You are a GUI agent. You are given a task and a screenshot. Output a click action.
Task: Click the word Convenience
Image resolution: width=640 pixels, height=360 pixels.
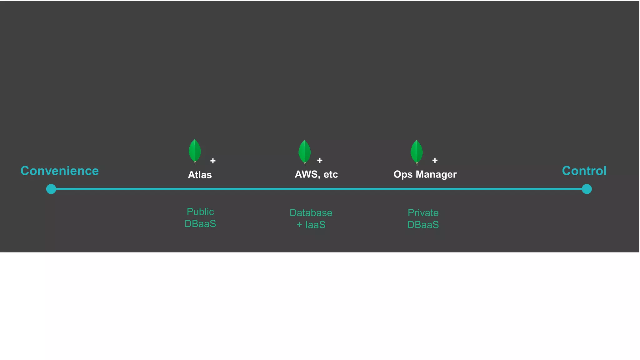point(59,171)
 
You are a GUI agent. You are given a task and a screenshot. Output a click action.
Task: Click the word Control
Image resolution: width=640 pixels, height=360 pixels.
point(584,171)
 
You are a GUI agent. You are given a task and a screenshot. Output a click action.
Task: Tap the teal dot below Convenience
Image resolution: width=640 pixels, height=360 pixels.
point(51,189)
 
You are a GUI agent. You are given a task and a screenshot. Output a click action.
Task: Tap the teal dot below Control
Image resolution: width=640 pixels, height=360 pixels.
point(587,189)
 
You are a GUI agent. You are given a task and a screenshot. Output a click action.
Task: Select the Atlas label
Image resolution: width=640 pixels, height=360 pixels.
point(200,175)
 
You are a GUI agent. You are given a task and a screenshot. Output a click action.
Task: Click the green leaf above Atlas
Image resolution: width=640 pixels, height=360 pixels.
point(195,151)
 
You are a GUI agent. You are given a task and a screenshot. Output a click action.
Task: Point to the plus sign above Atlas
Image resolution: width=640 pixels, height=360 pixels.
point(213,161)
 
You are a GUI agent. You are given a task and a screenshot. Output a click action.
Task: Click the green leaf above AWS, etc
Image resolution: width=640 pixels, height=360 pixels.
point(304,152)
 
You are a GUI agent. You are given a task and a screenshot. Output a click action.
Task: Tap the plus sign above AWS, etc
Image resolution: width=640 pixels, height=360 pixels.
point(320,160)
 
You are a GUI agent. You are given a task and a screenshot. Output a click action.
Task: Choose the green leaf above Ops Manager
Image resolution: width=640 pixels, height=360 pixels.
point(417,152)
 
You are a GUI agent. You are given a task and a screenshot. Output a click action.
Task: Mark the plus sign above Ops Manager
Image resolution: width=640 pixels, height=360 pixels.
point(435,161)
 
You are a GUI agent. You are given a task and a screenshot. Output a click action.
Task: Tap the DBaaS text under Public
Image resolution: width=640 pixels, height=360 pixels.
point(200,224)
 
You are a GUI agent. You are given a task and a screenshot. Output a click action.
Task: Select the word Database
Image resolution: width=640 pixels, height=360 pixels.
point(311,213)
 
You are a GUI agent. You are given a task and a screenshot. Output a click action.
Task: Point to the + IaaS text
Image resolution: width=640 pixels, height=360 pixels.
point(311,225)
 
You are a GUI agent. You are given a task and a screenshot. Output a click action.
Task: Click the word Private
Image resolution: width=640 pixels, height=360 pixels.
point(423,213)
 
